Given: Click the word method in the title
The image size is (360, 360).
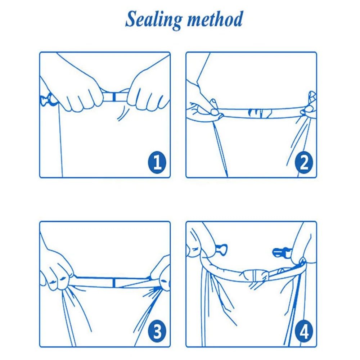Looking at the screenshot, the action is click(x=215, y=19).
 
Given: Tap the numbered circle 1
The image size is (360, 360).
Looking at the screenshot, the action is click(x=157, y=162).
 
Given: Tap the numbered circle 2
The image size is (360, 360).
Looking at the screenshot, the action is click(x=304, y=162).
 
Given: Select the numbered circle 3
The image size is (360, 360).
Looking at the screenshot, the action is click(x=157, y=332).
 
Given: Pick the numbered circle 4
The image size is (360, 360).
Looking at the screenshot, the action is click(x=304, y=332).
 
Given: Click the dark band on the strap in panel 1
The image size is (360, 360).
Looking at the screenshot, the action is click(x=114, y=97).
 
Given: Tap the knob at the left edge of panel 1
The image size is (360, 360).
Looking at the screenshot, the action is click(x=48, y=100).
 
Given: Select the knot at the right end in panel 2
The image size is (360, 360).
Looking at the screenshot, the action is click(x=309, y=104).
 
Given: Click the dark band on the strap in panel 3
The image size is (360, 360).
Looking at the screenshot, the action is click(x=114, y=283).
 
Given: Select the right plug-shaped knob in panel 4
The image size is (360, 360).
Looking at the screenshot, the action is click(x=281, y=253).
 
